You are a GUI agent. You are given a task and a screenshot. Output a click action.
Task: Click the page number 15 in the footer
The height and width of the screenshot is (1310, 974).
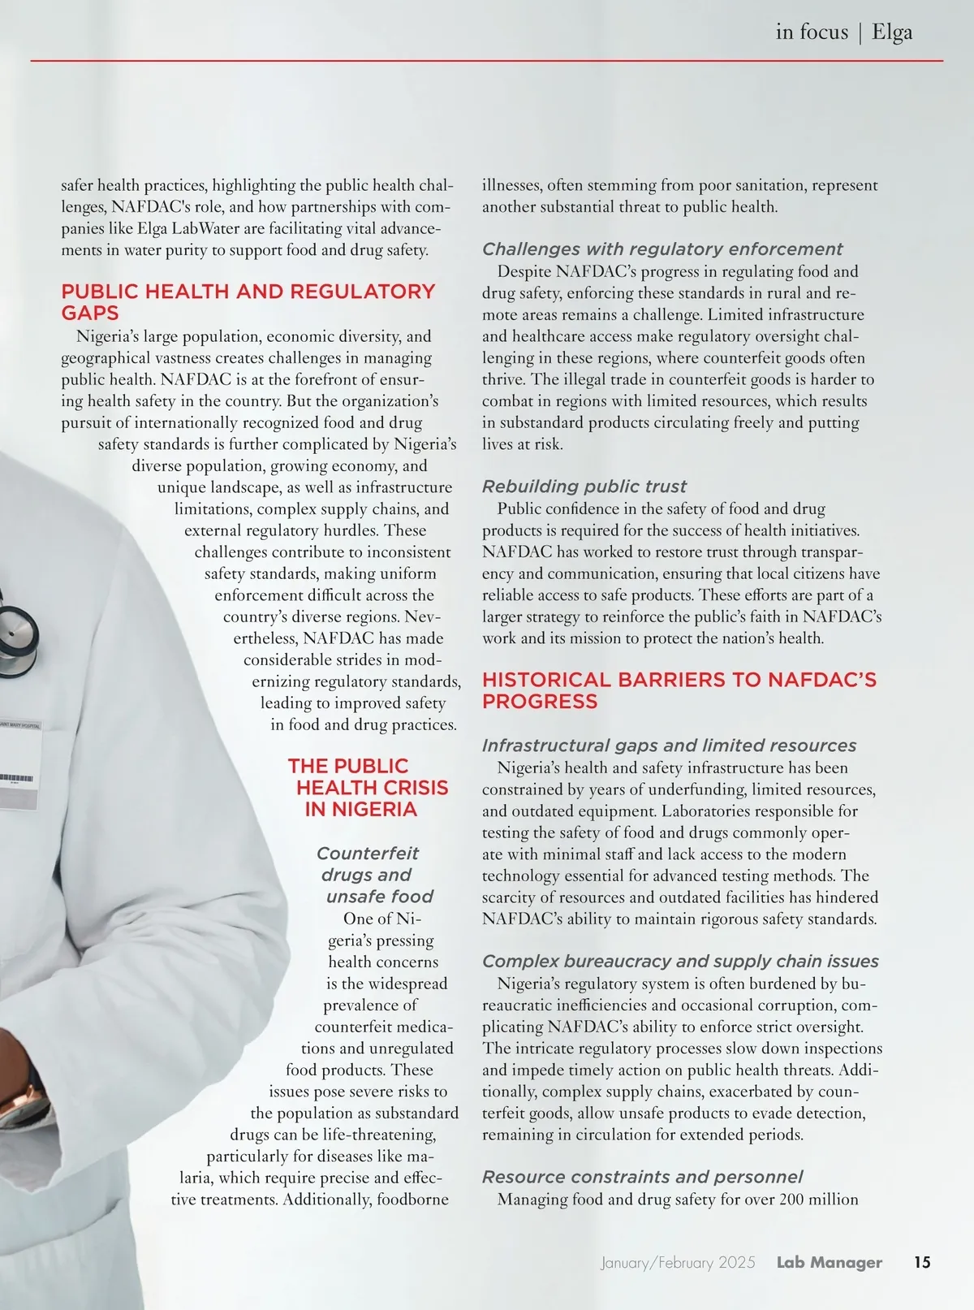[922, 1262]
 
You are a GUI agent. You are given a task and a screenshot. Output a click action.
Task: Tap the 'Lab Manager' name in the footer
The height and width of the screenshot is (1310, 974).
[829, 1262]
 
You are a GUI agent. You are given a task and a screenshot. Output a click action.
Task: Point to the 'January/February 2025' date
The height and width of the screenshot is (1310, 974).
[678, 1262]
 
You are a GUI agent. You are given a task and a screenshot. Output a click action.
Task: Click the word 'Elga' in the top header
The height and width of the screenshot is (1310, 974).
[892, 32]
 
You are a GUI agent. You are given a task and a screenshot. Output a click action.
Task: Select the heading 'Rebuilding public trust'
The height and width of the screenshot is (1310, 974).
[584, 486]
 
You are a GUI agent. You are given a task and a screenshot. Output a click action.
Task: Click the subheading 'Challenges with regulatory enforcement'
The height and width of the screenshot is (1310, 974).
[662, 249]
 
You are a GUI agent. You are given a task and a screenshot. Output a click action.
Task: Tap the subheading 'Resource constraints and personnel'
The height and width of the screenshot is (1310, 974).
[642, 1177]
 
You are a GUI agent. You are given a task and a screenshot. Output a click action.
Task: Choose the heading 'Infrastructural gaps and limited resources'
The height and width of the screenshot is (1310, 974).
[669, 746]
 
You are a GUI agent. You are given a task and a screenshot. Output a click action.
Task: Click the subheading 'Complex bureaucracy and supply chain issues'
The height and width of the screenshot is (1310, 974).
[680, 962]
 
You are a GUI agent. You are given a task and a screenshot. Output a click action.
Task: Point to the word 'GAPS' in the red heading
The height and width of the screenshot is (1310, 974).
[90, 313]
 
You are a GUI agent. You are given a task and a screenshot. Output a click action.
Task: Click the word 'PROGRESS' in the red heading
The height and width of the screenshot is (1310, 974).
[540, 702]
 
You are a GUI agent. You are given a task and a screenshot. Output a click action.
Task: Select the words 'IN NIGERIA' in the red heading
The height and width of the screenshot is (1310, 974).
[360, 810]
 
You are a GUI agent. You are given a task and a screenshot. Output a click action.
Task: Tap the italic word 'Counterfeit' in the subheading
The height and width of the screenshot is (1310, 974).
[367, 854]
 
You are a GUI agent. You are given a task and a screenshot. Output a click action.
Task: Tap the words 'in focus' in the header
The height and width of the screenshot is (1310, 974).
[811, 32]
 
